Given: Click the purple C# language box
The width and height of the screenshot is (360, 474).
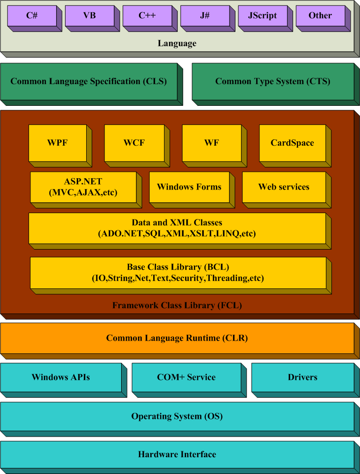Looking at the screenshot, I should coord(32,16).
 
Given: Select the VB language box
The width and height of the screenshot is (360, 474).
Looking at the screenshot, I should coord(90,16).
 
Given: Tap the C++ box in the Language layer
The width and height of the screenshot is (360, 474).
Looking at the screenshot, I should coord(147,16).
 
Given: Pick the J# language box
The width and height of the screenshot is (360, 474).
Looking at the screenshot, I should coord(205,16).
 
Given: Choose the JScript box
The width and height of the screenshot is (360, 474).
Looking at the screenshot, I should coord(262,16).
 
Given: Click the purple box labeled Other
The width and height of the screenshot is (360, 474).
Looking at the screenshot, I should coord(320,16).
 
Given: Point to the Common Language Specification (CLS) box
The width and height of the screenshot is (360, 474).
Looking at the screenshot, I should coord(89,82).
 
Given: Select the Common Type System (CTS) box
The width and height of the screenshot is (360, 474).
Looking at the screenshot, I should coord(273,82).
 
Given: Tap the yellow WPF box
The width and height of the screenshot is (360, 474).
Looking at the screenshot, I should coord(58,143).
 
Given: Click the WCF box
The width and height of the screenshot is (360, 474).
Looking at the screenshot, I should coord(134,143).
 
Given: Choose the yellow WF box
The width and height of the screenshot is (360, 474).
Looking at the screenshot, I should coord(212,143).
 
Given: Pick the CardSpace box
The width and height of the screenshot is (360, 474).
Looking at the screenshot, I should coord(292,143).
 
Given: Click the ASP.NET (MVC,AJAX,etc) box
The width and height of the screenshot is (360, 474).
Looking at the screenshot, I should coord(83,187).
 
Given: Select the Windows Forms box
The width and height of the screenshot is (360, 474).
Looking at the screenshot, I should coord(189,187).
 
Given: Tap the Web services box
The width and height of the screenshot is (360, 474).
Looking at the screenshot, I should coord(284,187).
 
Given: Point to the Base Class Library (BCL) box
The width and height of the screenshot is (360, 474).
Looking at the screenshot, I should coord(178,273).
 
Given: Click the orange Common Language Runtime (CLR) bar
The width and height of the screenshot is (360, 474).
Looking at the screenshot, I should coord(177,338).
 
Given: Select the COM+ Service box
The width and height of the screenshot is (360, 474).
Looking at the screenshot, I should coord(186,378).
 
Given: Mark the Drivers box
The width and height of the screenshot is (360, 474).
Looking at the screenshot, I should coord(302,378).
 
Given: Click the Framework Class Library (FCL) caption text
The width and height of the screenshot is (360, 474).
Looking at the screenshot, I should coord(177,306).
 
